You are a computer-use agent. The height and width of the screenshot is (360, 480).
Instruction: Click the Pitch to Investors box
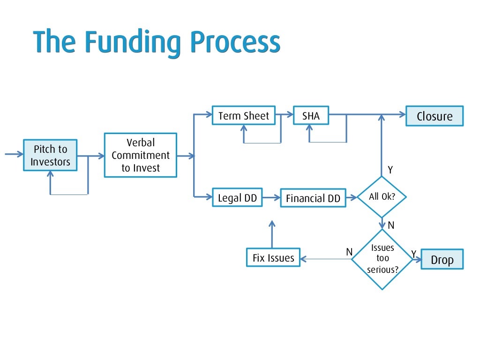[50, 155]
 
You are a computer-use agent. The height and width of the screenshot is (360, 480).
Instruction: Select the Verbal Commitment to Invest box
[140, 155]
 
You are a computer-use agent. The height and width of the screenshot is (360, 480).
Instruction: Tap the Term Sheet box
[244, 116]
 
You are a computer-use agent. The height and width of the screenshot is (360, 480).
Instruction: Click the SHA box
[311, 116]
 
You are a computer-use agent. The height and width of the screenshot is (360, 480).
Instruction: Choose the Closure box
[435, 116]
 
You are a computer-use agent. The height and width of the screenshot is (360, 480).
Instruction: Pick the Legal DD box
[237, 198]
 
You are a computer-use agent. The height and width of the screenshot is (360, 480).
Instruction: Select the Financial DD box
[313, 198]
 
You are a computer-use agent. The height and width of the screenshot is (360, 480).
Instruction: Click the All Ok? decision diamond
[382, 197]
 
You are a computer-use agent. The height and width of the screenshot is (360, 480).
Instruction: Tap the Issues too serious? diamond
[382, 259]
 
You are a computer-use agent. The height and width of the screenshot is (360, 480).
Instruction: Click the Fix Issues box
[273, 258]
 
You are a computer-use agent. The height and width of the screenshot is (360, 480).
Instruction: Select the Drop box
[442, 259]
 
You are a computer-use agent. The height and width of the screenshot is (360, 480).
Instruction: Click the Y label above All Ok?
[390, 169]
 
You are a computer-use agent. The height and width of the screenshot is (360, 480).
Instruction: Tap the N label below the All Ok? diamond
[391, 225]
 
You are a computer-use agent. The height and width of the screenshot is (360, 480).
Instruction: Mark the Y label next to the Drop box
[414, 254]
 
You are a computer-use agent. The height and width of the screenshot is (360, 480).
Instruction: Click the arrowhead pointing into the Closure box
[402, 114]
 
